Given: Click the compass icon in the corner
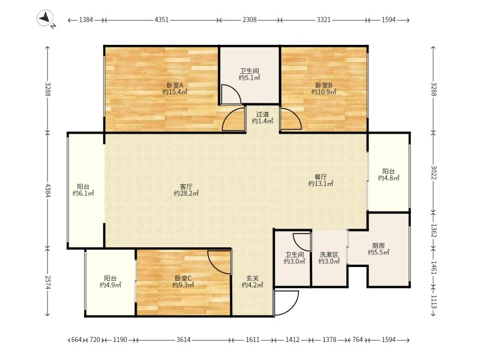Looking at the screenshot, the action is [46, 19].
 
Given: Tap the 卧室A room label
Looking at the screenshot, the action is [175, 88].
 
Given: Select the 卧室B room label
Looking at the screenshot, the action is [324, 88].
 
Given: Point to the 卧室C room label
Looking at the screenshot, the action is [183, 281].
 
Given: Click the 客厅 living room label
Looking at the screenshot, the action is [186, 190].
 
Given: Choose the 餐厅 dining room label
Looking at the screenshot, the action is [320, 180].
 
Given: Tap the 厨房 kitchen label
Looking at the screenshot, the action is [379, 249].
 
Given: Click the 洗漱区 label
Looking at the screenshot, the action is [329, 258].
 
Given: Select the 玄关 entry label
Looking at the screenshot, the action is [253, 281].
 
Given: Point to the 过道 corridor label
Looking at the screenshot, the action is [262, 118].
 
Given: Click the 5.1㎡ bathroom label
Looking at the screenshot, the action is [250, 74].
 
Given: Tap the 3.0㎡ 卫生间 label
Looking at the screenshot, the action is [294, 258].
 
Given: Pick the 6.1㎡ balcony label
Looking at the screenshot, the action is [83, 190].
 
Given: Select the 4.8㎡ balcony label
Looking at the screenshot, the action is [388, 175].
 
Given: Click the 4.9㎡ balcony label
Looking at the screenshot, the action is [110, 281].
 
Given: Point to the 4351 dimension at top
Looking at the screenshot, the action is [161, 20].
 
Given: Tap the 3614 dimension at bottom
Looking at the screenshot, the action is [184, 340].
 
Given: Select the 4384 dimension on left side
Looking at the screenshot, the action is [47, 190].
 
